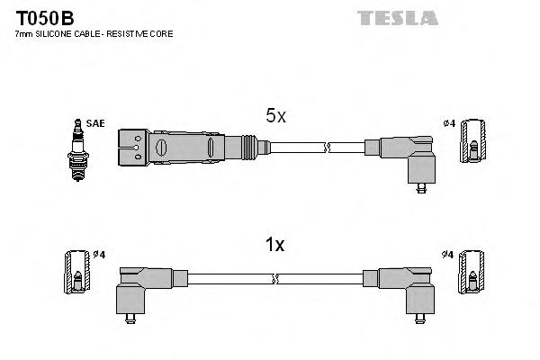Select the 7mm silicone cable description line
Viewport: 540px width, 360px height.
94,33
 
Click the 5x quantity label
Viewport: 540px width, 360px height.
274,116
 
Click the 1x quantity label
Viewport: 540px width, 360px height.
274,244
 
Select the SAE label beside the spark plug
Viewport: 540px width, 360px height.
94,122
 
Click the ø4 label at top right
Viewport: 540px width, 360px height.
450,122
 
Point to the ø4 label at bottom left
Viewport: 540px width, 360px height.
99,255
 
